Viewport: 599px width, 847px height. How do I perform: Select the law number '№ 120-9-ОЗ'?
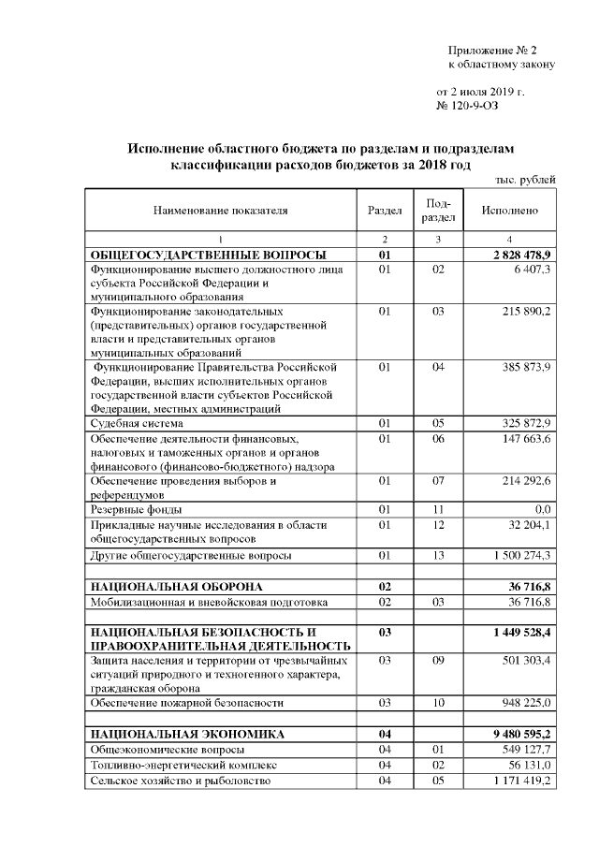point(473,108)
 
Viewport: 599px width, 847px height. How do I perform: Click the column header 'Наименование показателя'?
point(221,211)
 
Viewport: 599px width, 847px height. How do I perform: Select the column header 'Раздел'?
point(384,211)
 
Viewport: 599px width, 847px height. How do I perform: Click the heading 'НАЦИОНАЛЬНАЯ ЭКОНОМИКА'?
point(174,734)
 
